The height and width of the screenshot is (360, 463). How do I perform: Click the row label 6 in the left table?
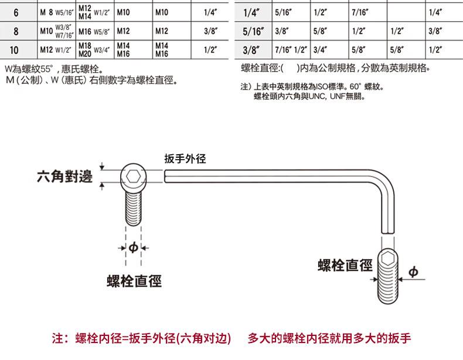click(15, 12)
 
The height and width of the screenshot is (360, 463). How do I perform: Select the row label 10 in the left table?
click(15, 49)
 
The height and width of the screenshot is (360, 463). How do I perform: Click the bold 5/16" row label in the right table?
click(254, 30)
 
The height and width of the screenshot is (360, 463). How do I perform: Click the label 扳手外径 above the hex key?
click(185, 159)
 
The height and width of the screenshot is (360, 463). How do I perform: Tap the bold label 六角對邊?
click(64, 176)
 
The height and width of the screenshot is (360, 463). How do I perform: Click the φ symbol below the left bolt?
click(133, 249)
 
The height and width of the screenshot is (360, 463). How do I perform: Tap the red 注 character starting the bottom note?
click(57, 338)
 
